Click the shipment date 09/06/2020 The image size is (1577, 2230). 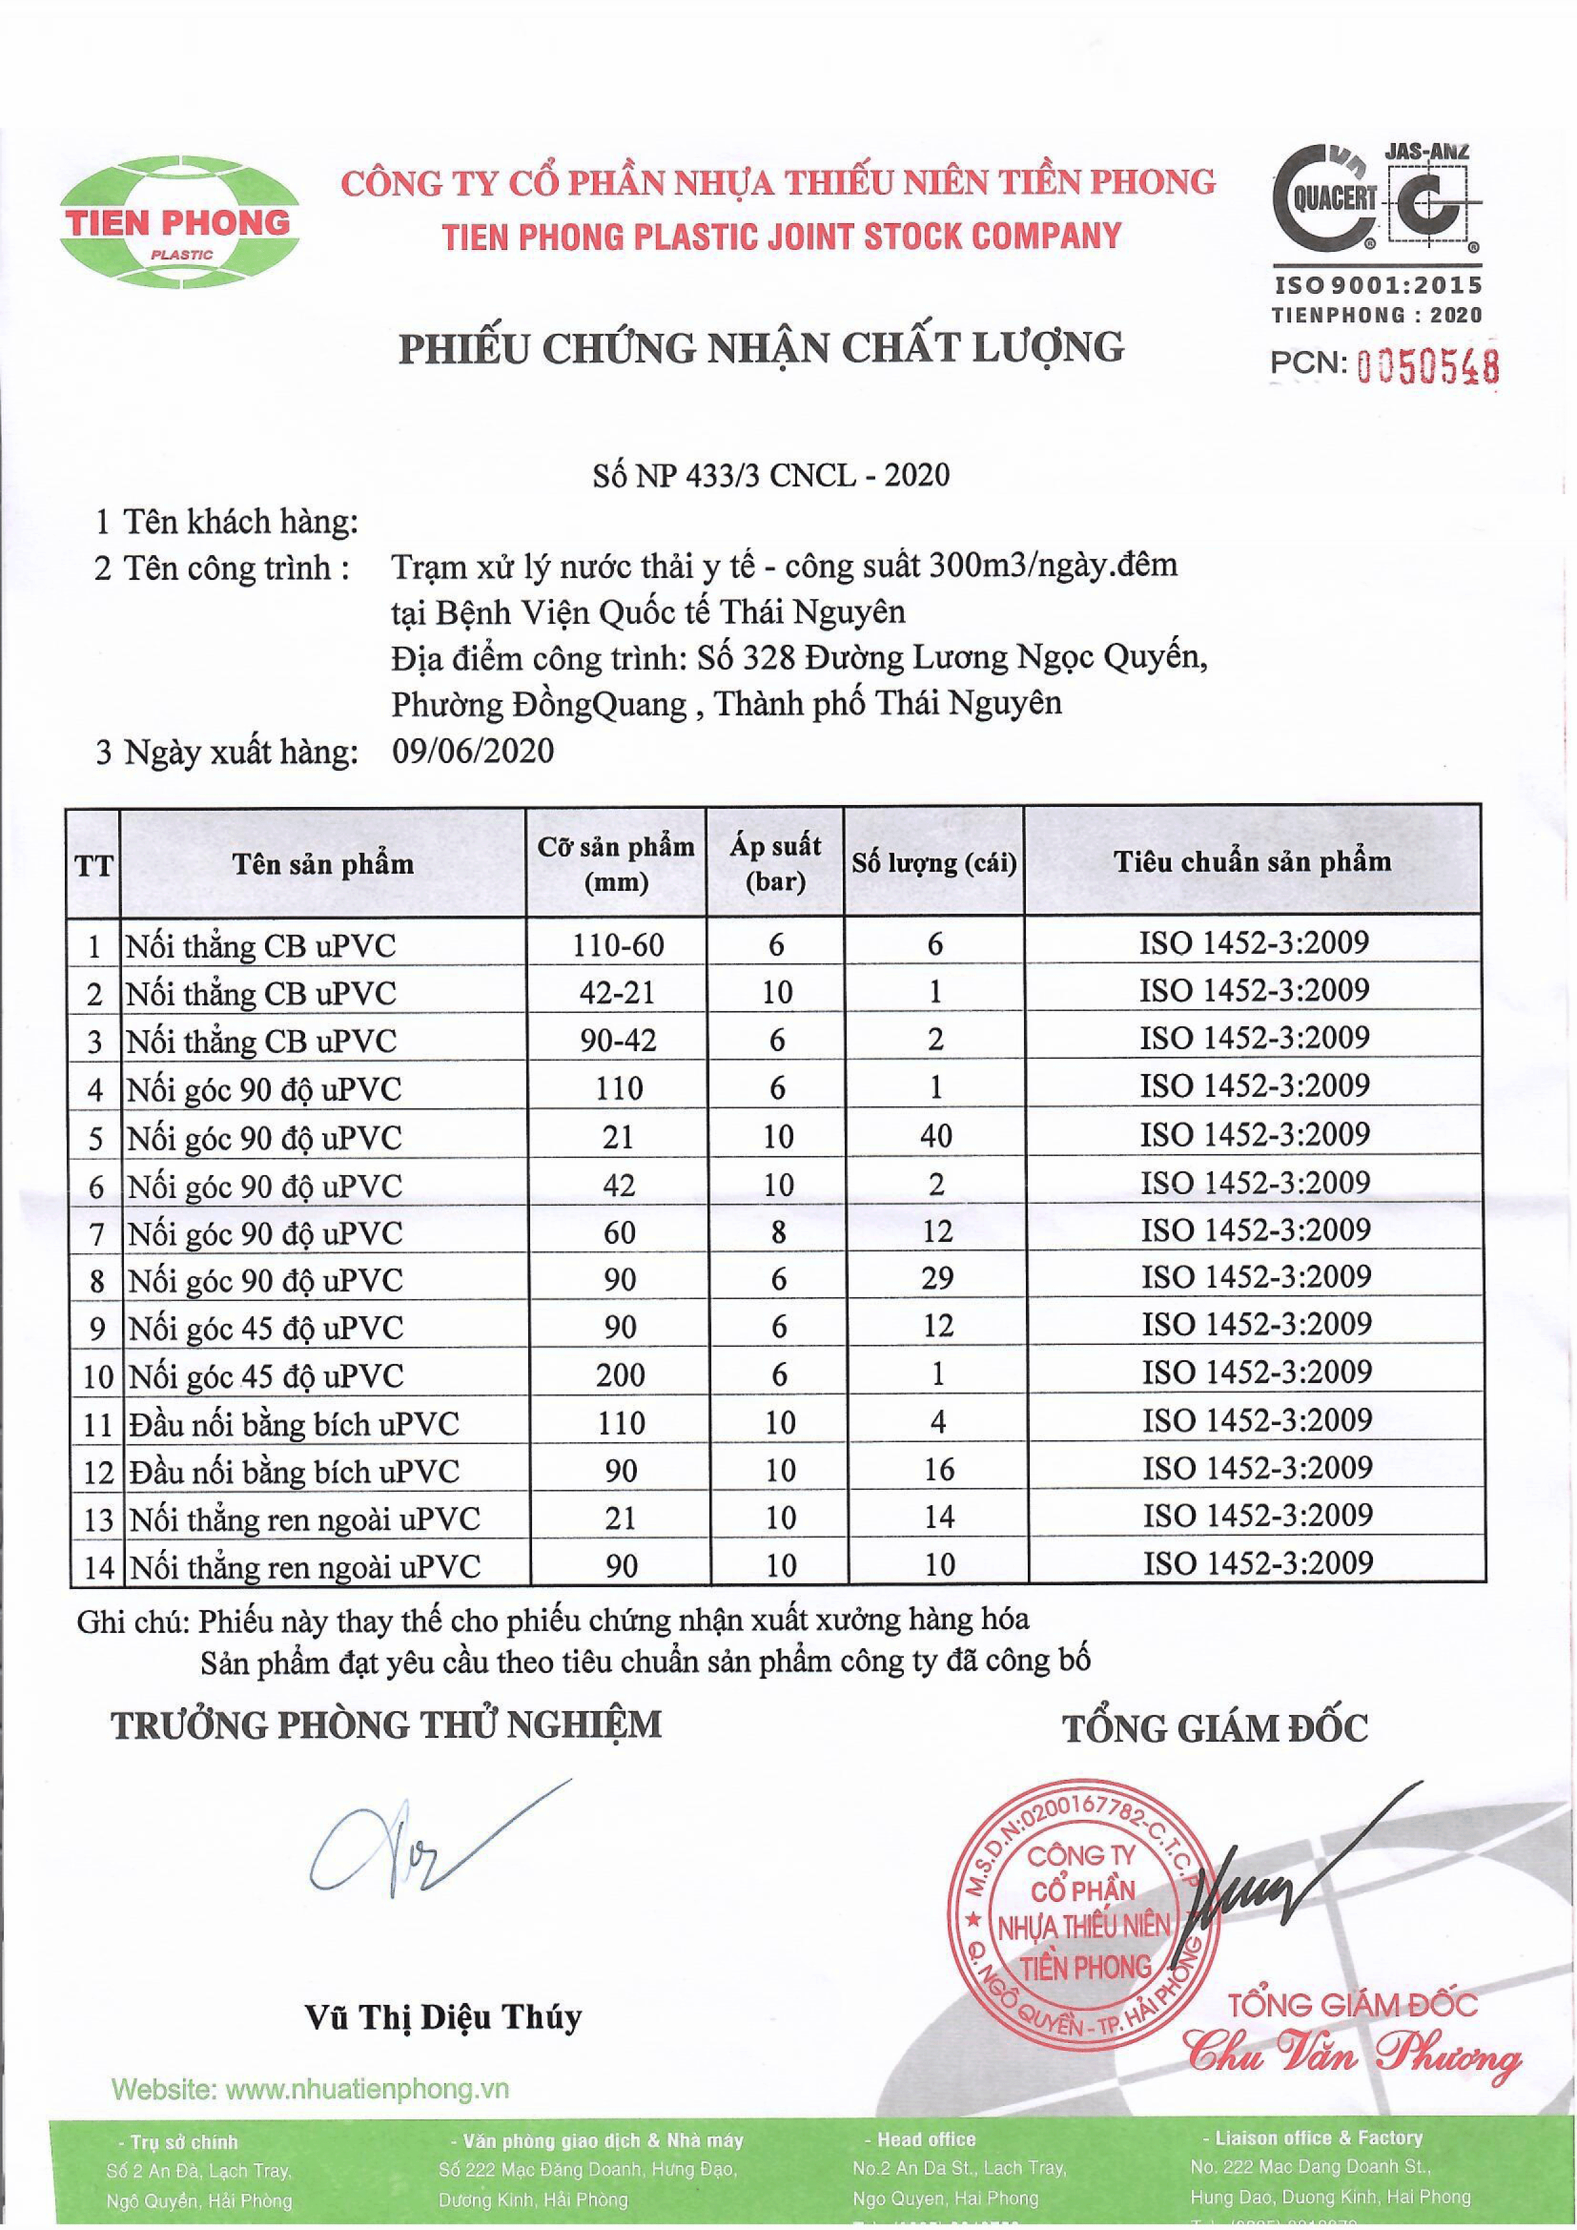pyautogui.click(x=473, y=751)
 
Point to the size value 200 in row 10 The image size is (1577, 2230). pyautogui.click(x=620, y=1374)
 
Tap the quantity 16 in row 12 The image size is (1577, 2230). pyautogui.click(x=938, y=1469)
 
